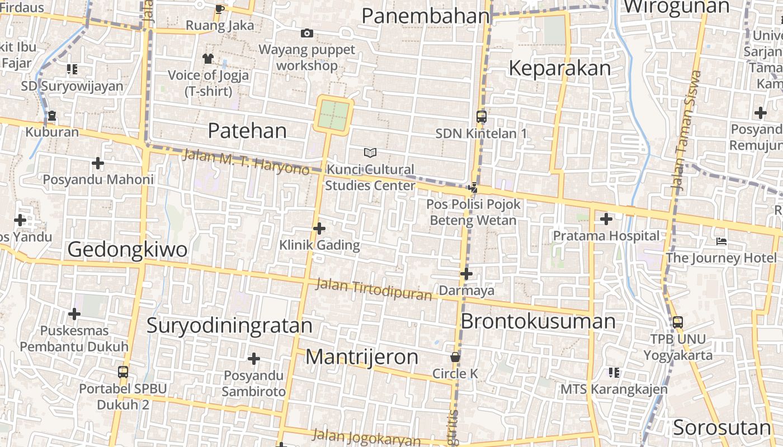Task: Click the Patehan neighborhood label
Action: click(247, 131)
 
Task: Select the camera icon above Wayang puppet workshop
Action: click(306, 34)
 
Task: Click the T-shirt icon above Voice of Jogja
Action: click(208, 58)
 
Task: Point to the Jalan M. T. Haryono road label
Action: click(246, 162)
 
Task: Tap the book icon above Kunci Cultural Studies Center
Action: click(370, 153)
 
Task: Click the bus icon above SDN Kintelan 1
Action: click(481, 117)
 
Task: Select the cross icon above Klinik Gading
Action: click(319, 229)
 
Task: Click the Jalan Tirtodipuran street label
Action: click(374, 289)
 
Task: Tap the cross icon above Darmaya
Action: click(466, 274)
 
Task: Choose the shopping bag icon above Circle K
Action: click(455, 356)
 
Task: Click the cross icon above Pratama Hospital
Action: click(606, 218)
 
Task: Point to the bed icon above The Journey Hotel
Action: click(721, 241)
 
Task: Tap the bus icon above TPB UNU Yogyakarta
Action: click(677, 322)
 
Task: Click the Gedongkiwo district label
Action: click(127, 249)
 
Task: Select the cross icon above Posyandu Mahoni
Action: click(98, 163)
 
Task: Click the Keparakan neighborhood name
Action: click(559, 68)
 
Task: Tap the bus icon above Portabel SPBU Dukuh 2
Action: click(123, 372)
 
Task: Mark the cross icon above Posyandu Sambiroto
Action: click(254, 358)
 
